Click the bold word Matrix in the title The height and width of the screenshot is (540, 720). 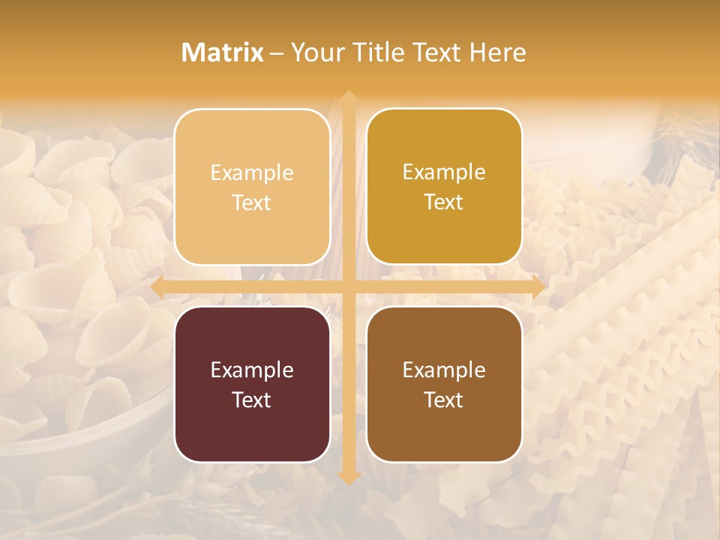(x=223, y=52)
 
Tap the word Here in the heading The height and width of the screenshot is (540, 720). (x=497, y=52)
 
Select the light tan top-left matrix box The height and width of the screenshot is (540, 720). (x=252, y=187)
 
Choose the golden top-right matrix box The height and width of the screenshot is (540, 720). (x=444, y=187)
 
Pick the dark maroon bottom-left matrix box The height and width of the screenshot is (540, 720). (x=252, y=384)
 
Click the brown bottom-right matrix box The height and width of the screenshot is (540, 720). (x=444, y=384)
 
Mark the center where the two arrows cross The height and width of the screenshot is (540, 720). (x=348, y=287)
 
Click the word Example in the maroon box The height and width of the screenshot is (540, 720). (x=252, y=370)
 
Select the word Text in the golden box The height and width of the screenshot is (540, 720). (x=444, y=202)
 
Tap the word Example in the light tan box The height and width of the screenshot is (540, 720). (x=252, y=173)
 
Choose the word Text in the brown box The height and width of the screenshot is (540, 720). (x=444, y=400)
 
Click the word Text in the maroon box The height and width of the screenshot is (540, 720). (x=252, y=400)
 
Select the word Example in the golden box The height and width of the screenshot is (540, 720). (x=444, y=172)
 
